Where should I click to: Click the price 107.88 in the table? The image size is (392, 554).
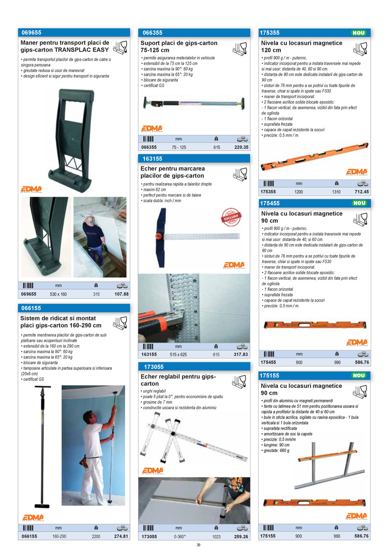click(121, 294)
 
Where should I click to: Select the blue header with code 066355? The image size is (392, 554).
click(194, 33)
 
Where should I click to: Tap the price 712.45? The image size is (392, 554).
click(361, 192)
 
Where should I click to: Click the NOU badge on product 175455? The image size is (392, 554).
click(359, 203)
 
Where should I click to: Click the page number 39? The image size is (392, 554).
click(198, 545)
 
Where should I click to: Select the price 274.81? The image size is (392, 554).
click(121, 537)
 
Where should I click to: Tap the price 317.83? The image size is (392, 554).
click(241, 354)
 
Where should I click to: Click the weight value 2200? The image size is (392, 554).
click(96, 537)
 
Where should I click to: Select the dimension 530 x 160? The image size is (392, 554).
click(58, 295)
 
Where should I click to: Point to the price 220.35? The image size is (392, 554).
click(241, 147)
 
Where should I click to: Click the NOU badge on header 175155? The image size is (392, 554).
click(359, 376)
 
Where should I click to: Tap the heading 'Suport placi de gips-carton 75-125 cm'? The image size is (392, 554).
click(179, 46)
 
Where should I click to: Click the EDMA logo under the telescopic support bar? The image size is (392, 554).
click(152, 128)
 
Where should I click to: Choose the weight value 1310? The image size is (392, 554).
click(336, 192)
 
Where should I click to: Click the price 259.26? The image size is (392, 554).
click(241, 537)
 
